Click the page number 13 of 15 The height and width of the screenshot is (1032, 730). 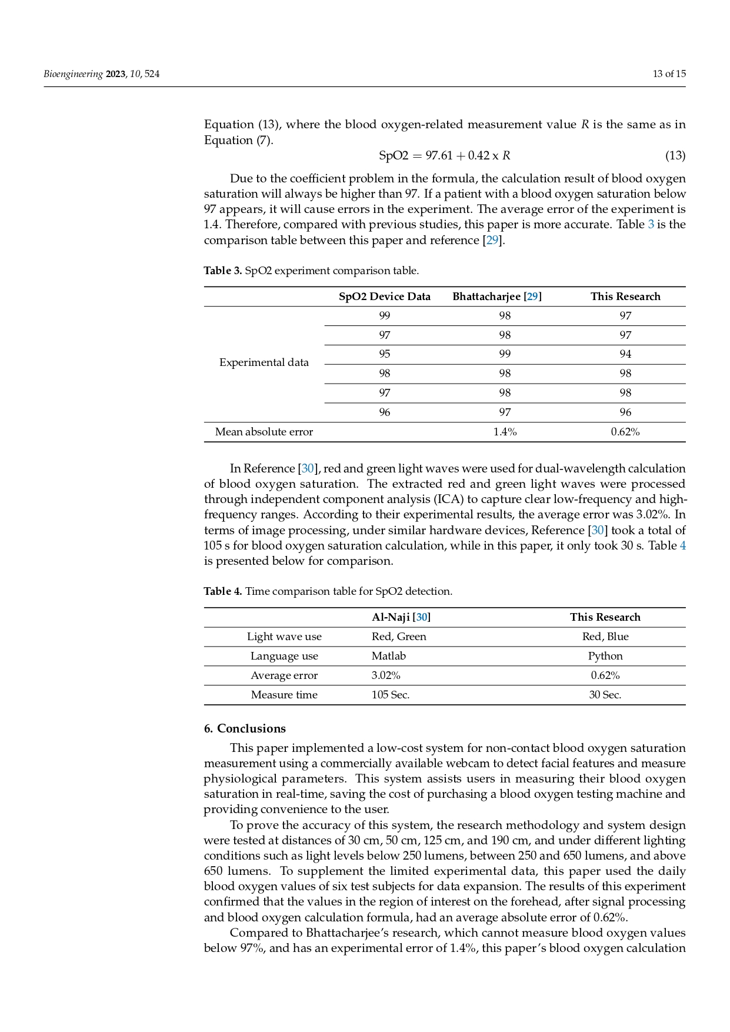click(669, 74)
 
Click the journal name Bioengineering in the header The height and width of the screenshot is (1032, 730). click(73, 74)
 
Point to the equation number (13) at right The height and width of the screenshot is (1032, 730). click(675, 156)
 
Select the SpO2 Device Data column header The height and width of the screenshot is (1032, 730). click(384, 297)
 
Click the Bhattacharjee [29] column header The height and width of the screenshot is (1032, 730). click(496, 297)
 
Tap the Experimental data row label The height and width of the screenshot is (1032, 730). click(264, 362)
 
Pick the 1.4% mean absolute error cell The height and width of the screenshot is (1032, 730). click(505, 432)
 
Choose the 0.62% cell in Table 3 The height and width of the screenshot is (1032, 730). click(625, 432)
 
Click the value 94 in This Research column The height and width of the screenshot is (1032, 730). click(625, 354)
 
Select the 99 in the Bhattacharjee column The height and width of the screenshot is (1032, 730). click(505, 354)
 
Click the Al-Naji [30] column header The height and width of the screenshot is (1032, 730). click(401, 617)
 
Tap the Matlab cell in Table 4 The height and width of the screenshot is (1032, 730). click(388, 656)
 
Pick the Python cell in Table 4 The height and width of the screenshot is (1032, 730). click(605, 656)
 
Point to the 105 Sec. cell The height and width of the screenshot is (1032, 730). click(390, 695)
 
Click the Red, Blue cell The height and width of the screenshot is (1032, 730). click(605, 637)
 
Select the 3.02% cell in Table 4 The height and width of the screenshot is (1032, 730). click(385, 675)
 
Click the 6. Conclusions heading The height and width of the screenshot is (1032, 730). click(245, 728)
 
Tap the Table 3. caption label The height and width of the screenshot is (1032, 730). click(223, 271)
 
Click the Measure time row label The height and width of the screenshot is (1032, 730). click(284, 695)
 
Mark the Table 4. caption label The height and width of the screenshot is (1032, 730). click(223, 591)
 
